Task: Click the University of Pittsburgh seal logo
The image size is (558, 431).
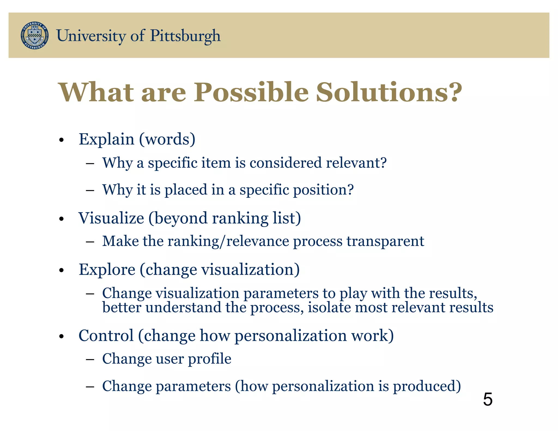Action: tap(35, 35)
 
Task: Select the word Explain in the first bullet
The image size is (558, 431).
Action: tap(106, 139)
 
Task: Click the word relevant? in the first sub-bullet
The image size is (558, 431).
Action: tap(356, 163)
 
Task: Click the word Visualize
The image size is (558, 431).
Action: tap(111, 218)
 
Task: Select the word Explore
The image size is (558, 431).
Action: tap(107, 270)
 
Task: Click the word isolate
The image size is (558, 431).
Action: tap(329, 307)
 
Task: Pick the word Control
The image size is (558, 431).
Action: tap(106, 335)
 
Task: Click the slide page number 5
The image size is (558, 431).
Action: tap(487, 400)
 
